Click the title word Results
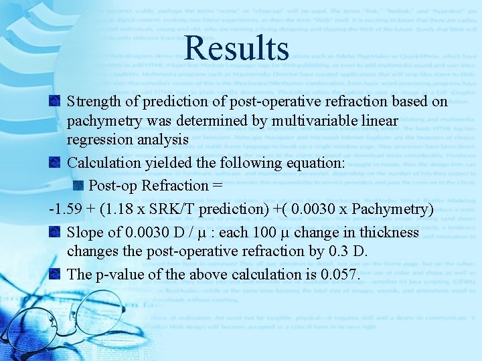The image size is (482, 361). (236, 49)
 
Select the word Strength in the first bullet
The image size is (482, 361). (93, 102)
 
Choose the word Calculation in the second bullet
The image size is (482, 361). (101, 163)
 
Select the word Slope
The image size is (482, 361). (84, 233)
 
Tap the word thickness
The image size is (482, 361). (388, 233)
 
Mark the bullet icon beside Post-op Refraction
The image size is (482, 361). (78, 185)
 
